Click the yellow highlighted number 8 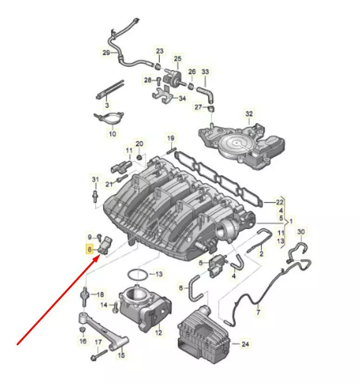tap(89, 250)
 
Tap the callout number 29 tap(106, 52)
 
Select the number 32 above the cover tap(249, 114)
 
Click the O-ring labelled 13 tap(137, 275)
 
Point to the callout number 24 tap(245, 344)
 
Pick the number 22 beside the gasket tap(279, 202)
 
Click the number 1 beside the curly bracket tap(291, 221)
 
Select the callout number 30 tap(301, 232)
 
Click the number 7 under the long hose tap(258, 312)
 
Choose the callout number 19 tap(171, 138)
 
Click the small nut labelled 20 tap(139, 157)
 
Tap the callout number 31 tap(95, 180)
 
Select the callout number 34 tap(182, 98)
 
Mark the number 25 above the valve tap(178, 58)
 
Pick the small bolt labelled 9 tap(99, 237)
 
